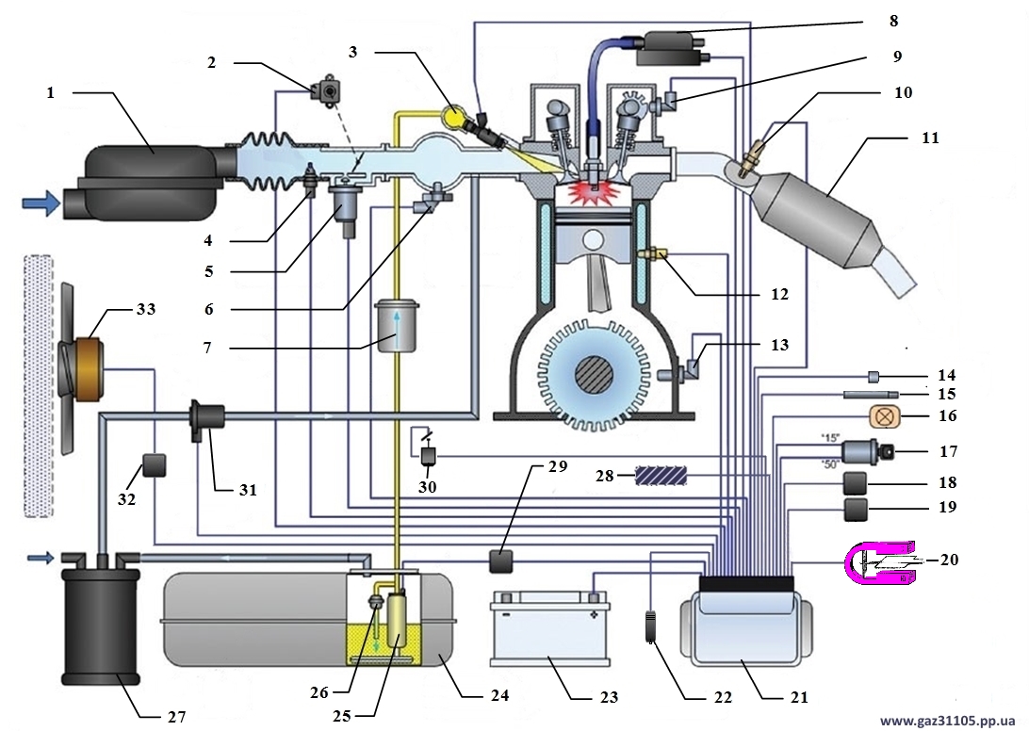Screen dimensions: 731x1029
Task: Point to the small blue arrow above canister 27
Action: pyautogui.click(x=39, y=558)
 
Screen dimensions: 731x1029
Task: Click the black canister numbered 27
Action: pyautogui.click(x=99, y=625)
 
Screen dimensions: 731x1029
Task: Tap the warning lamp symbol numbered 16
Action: pyautogui.click(x=884, y=414)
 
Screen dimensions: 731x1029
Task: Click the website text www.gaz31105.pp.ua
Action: pyautogui.click(x=946, y=721)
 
